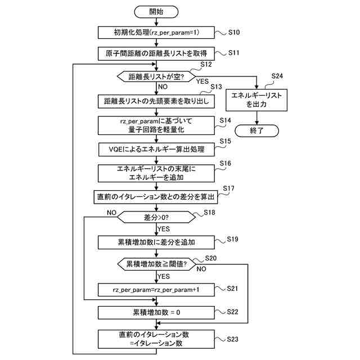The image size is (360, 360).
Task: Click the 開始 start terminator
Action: click(x=156, y=12)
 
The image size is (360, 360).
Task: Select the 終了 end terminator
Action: click(x=256, y=131)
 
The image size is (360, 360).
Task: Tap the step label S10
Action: click(x=234, y=33)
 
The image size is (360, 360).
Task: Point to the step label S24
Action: click(x=277, y=76)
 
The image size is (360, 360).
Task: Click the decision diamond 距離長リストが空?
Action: click(x=156, y=76)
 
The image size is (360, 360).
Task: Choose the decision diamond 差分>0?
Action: click(x=156, y=217)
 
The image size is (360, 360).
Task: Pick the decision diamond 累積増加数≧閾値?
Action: click(x=156, y=264)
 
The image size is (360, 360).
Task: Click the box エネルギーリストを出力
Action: click(x=256, y=100)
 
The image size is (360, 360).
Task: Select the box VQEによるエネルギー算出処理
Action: click(x=156, y=150)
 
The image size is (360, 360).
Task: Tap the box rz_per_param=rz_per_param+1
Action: click(x=156, y=290)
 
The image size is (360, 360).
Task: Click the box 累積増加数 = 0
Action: click(x=156, y=313)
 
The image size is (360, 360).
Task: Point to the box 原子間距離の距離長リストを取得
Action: click(x=156, y=54)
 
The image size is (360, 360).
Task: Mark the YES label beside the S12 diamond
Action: click(x=202, y=82)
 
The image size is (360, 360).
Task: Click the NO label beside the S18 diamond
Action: click(x=111, y=213)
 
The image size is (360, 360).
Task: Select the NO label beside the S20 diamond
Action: click(x=201, y=269)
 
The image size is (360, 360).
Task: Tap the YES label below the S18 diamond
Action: click(x=164, y=229)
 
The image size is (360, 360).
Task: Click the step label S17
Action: click(x=228, y=188)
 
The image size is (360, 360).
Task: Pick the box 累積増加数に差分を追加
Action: click(x=156, y=242)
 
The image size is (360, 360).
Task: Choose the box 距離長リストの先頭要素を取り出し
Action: click(x=156, y=101)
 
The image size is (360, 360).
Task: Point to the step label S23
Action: click(x=232, y=339)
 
